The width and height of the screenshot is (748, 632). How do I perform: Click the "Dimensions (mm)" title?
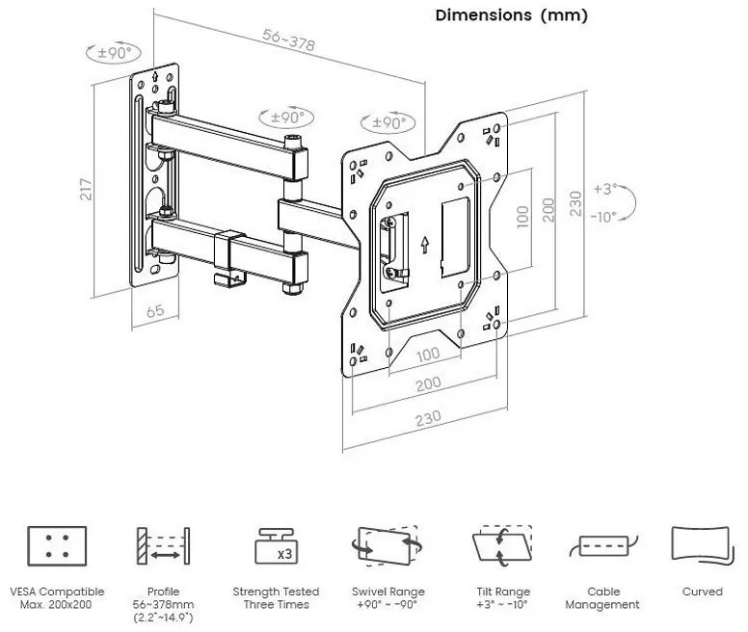pyautogui.click(x=511, y=15)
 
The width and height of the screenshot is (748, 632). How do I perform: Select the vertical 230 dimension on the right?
pyautogui.click(x=575, y=203)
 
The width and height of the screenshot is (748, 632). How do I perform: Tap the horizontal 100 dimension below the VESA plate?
pyautogui.click(x=428, y=354)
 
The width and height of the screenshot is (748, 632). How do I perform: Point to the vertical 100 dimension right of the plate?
pyautogui.click(x=522, y=215)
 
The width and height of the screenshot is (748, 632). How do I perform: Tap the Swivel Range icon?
pyautogui.click(x=387, y=546)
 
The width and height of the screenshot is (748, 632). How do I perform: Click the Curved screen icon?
pyautogui.click(x=702, y=544)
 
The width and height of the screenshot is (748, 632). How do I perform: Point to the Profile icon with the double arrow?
pyautogui.click(x=163, y=546)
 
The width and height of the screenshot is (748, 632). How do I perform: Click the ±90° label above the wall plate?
pyautogui.click(x=113, y=53)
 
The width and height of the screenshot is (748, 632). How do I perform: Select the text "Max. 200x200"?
pyautogui.click(x=57, y=604)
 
